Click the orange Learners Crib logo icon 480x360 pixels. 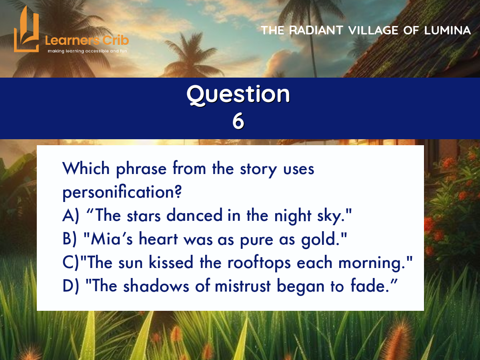[26, 30]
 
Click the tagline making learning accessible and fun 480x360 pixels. [88, 51]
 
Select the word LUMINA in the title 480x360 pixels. [447, 30]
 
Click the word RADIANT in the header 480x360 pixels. [316, 30]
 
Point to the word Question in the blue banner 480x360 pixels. [238, 94]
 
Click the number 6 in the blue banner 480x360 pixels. [238, 121]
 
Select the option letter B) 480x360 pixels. [70, 239]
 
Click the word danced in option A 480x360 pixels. [194, 215]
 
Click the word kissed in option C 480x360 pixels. [171, 262]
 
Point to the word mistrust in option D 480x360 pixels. [243, 286]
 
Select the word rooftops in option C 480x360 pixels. [259, 263]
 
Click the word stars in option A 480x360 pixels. [144, 216]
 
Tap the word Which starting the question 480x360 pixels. [86, 168]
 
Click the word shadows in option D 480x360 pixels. [156, 285]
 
